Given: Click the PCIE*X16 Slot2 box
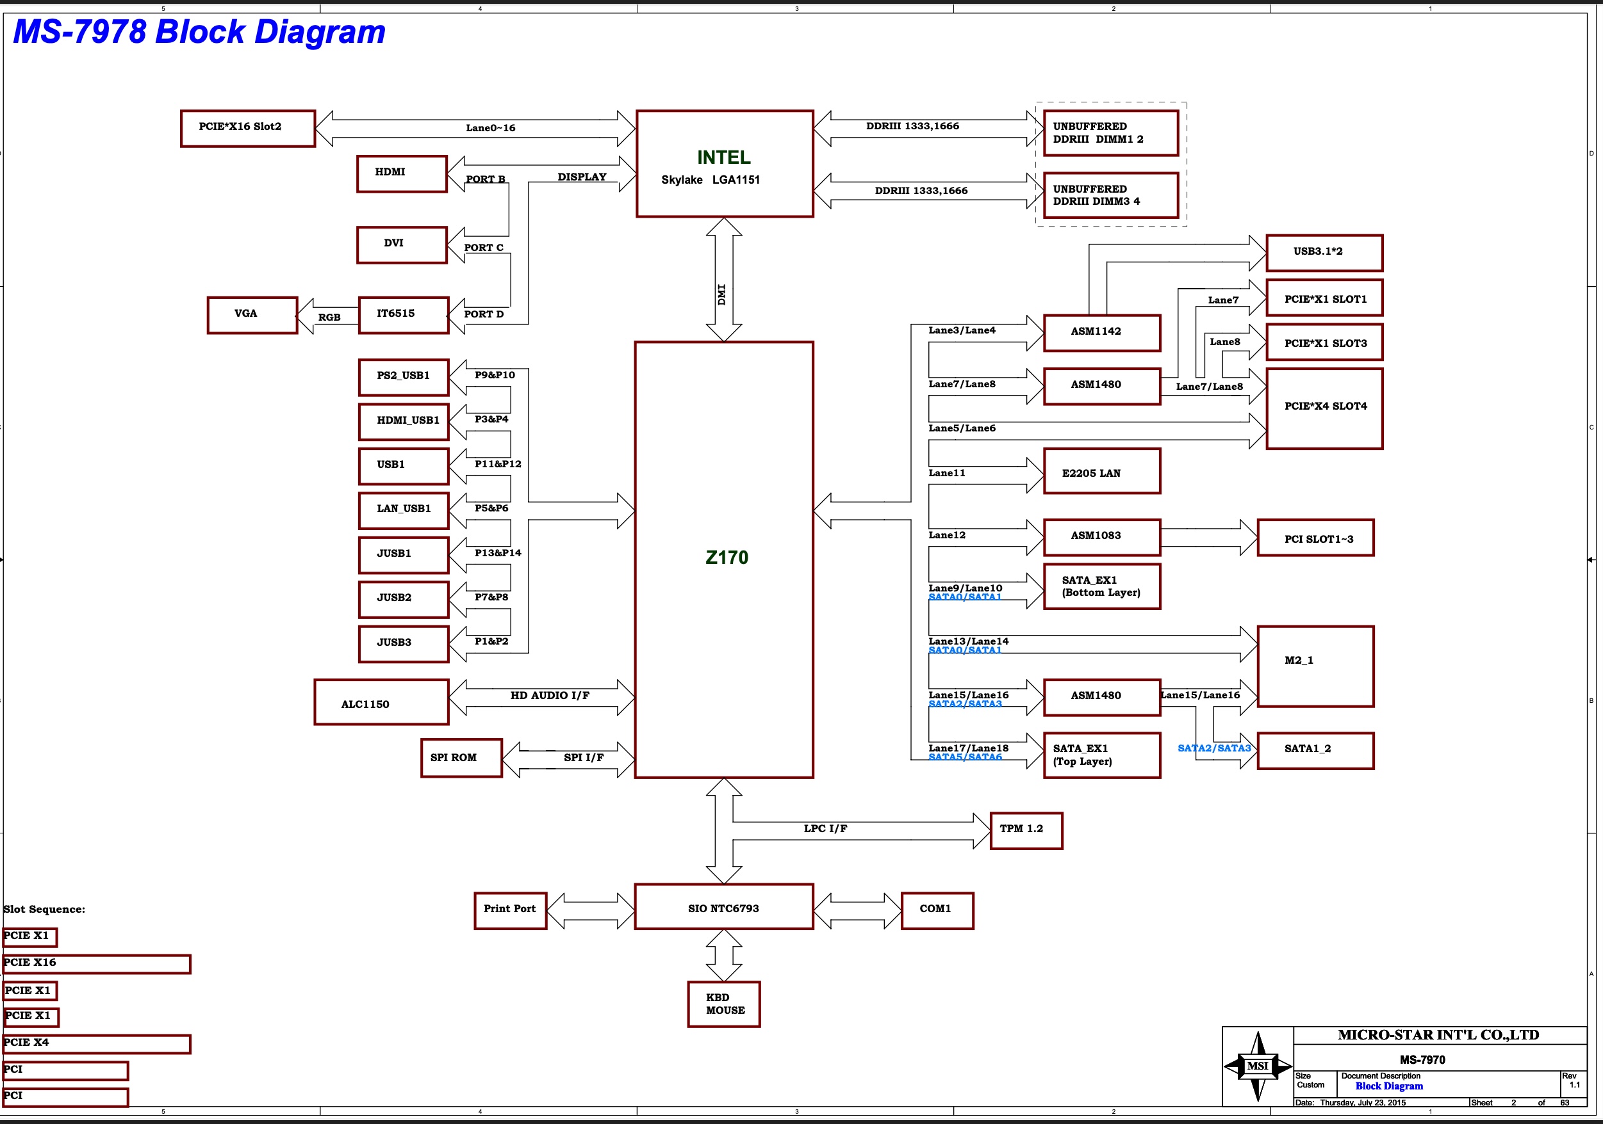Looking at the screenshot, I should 248,129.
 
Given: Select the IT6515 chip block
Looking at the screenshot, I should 403,315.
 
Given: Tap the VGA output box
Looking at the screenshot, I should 252,315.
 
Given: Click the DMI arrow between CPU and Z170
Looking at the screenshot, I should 723,279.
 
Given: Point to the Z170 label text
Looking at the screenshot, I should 726,558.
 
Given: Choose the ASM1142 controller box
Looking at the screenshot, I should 1102,332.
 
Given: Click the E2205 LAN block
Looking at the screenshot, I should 1102,472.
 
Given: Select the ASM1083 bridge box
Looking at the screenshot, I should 1102,536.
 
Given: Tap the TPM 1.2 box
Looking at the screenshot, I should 1026,830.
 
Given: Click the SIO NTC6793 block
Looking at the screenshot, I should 723,907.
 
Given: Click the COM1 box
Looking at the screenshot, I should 937,910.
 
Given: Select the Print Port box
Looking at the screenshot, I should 509,910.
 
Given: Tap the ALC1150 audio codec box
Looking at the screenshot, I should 381,702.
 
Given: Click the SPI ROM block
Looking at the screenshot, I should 461,758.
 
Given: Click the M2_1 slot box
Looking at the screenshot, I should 1315,666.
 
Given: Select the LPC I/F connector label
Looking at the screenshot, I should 825,829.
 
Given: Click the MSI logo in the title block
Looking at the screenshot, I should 1258,1065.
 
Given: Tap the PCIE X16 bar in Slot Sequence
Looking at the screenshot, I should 96,963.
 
